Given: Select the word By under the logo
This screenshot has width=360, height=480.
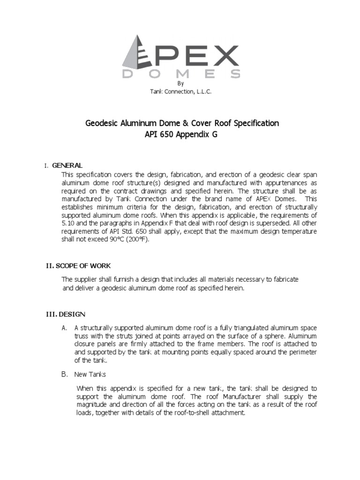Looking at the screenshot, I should point(181,83).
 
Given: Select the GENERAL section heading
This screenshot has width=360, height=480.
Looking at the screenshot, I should point(67,165).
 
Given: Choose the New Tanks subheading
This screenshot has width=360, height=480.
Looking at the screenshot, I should point(90,374).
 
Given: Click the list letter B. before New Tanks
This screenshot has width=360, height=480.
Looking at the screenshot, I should point(65,374).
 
